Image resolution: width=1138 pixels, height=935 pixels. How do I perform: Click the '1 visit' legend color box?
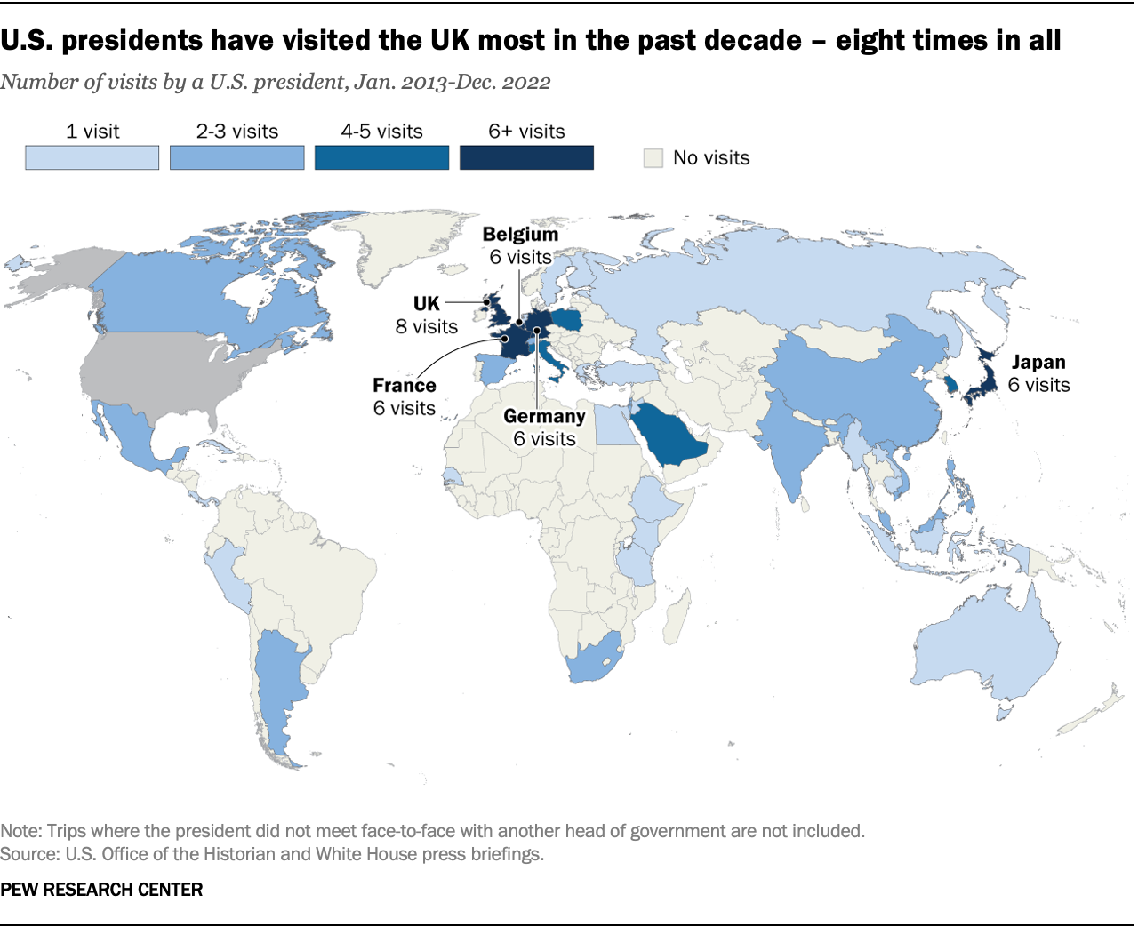[x=92, y=157]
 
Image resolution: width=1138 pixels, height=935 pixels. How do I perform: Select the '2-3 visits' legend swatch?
[x=236, y=157]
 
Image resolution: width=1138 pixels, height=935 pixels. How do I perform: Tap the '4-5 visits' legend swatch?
[x=381, y=157]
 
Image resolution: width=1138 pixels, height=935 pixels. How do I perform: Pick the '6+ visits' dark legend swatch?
[x=526, y=157]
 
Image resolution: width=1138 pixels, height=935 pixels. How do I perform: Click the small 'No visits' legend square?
[x=653, y=158]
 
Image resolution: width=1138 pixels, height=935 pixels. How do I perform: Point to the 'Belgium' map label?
[x=520, y=235]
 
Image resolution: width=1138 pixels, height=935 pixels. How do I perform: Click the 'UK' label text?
[x=427, y=304]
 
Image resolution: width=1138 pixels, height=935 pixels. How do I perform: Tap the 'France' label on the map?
[x=405, y=386]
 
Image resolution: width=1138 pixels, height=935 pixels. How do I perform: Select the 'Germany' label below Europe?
[x=544, y=416]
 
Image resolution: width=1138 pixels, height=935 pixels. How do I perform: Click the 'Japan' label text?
[x=1038, y=363]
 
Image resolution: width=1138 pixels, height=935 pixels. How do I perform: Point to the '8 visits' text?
[x=427, y=327]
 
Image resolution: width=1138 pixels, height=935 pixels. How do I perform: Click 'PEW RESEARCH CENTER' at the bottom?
[x=101, y=890]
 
